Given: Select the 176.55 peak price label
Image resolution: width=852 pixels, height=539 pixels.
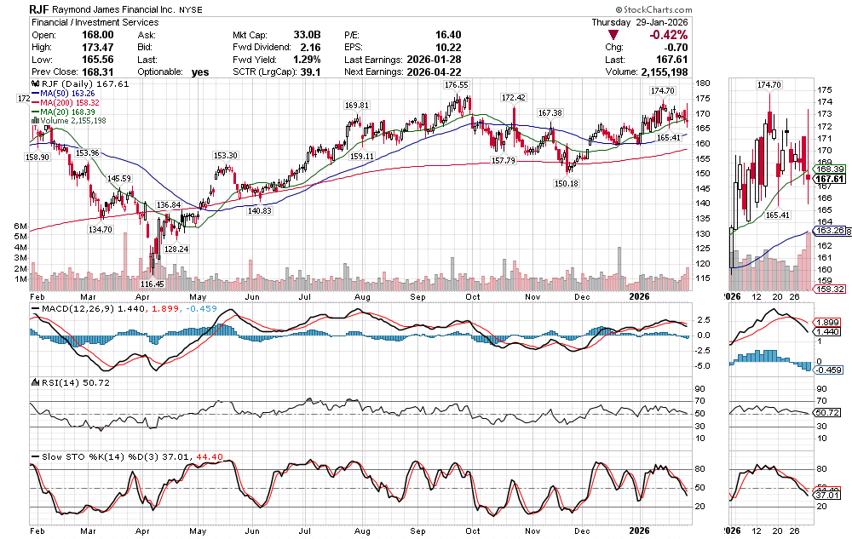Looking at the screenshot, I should [x=457, y=85].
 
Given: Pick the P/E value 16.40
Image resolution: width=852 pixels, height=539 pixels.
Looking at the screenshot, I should [x=446, y=35].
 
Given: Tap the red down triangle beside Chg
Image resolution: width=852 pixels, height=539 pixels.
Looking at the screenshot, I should [x=613, y=35].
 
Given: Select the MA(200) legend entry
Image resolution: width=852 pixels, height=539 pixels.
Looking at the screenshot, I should [x=66, y=102].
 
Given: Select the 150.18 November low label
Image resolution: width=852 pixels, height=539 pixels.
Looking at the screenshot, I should [x=566, y=183].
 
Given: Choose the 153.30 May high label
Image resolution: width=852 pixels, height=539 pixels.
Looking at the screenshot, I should [x=225, y=155].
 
